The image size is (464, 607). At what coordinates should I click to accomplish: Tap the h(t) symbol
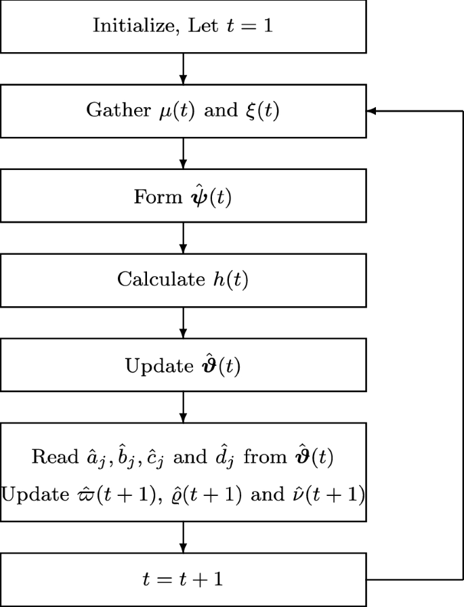click(228, 280)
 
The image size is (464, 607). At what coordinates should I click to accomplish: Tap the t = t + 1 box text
click(184, 580)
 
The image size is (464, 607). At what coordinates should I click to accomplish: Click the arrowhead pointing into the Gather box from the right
click(371, 111)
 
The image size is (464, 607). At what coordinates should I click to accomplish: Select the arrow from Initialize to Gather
click(184, 68)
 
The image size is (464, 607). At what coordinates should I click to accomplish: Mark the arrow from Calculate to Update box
click(184, 322)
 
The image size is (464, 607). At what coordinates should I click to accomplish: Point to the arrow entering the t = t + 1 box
click(184, 538)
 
